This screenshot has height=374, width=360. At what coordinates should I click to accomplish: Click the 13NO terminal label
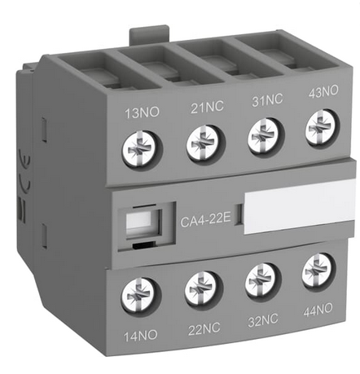click(x=142, y=112)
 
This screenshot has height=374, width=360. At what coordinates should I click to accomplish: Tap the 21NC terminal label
click(x=207, y=107)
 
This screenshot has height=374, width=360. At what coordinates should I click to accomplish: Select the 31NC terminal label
click(x=267, y=99)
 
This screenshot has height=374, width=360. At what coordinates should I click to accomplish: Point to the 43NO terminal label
click(x=323, y=91)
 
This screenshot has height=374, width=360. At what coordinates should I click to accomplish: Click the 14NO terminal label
click(x=141, y=336)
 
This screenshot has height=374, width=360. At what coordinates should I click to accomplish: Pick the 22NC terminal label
click(x=204, y=329)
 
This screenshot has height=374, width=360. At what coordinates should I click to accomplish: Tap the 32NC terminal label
click(x=263, y=320)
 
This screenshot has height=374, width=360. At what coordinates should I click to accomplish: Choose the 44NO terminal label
click(x=318, y=310)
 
